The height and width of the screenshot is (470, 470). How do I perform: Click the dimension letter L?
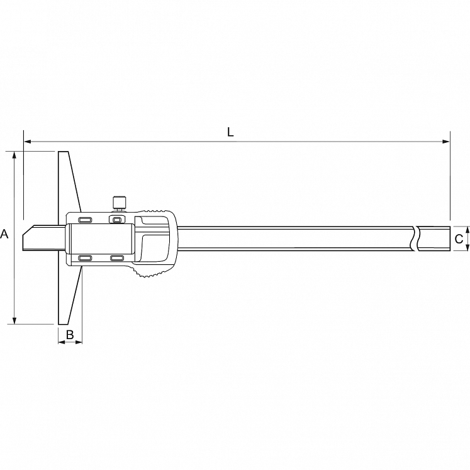[x=230, y=132]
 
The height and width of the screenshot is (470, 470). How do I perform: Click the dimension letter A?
[x=4, y=233]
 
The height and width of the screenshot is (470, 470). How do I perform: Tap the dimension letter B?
[x=70, y=335]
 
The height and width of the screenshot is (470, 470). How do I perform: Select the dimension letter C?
[x=459, y=239]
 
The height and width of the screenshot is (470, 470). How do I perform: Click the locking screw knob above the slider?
[x=120, y=203]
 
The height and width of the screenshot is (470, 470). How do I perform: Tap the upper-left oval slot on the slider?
[x=85, y=220]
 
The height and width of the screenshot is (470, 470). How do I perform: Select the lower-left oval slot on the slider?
[x=85, y=258]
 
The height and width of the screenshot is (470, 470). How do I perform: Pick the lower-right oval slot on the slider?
[x=117, y=258]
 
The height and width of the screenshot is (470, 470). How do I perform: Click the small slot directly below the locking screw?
[x=116, y=220]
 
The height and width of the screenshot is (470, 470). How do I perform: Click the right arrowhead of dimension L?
[x=446, y=142]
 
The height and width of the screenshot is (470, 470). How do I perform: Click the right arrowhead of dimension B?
[x=79, y=342]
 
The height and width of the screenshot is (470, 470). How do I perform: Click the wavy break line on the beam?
[x=416, y=238]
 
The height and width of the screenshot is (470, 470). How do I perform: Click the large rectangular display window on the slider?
[x=101, y=239]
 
